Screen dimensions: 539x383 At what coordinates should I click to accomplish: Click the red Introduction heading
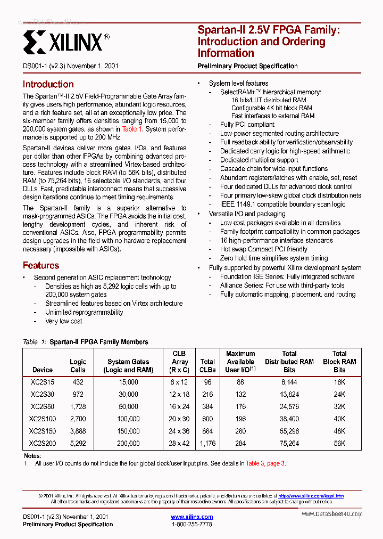coord(48,84)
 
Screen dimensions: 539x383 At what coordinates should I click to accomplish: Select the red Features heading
coord(40,265)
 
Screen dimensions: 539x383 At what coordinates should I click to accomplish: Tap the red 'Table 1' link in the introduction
coord(132,129)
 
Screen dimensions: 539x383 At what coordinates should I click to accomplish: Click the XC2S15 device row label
coord(42,382)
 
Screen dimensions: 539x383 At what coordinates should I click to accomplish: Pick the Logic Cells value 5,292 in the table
coord(78,443)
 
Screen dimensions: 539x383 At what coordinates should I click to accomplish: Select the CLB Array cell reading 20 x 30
coord(179,419)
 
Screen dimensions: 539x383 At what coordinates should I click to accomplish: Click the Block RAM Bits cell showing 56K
coord(339,443)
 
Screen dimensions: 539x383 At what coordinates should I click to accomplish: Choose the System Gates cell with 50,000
coord(128,406)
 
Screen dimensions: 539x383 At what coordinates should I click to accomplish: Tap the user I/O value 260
coord(240,431)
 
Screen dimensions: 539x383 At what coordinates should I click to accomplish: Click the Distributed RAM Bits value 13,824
coord(289,394)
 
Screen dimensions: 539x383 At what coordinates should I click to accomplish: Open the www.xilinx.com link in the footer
coord(191,517)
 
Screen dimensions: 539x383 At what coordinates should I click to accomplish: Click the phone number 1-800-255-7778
coord(191,525)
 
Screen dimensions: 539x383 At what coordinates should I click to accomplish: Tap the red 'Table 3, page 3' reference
coord(265,463)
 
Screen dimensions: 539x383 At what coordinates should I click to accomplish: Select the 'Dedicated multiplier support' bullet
coord(259,160)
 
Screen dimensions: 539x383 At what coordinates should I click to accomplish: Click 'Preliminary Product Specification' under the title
coord(247,66)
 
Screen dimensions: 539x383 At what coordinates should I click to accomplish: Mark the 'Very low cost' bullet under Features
coord(64,321)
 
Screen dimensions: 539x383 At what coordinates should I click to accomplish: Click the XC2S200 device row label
coord(42,443)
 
